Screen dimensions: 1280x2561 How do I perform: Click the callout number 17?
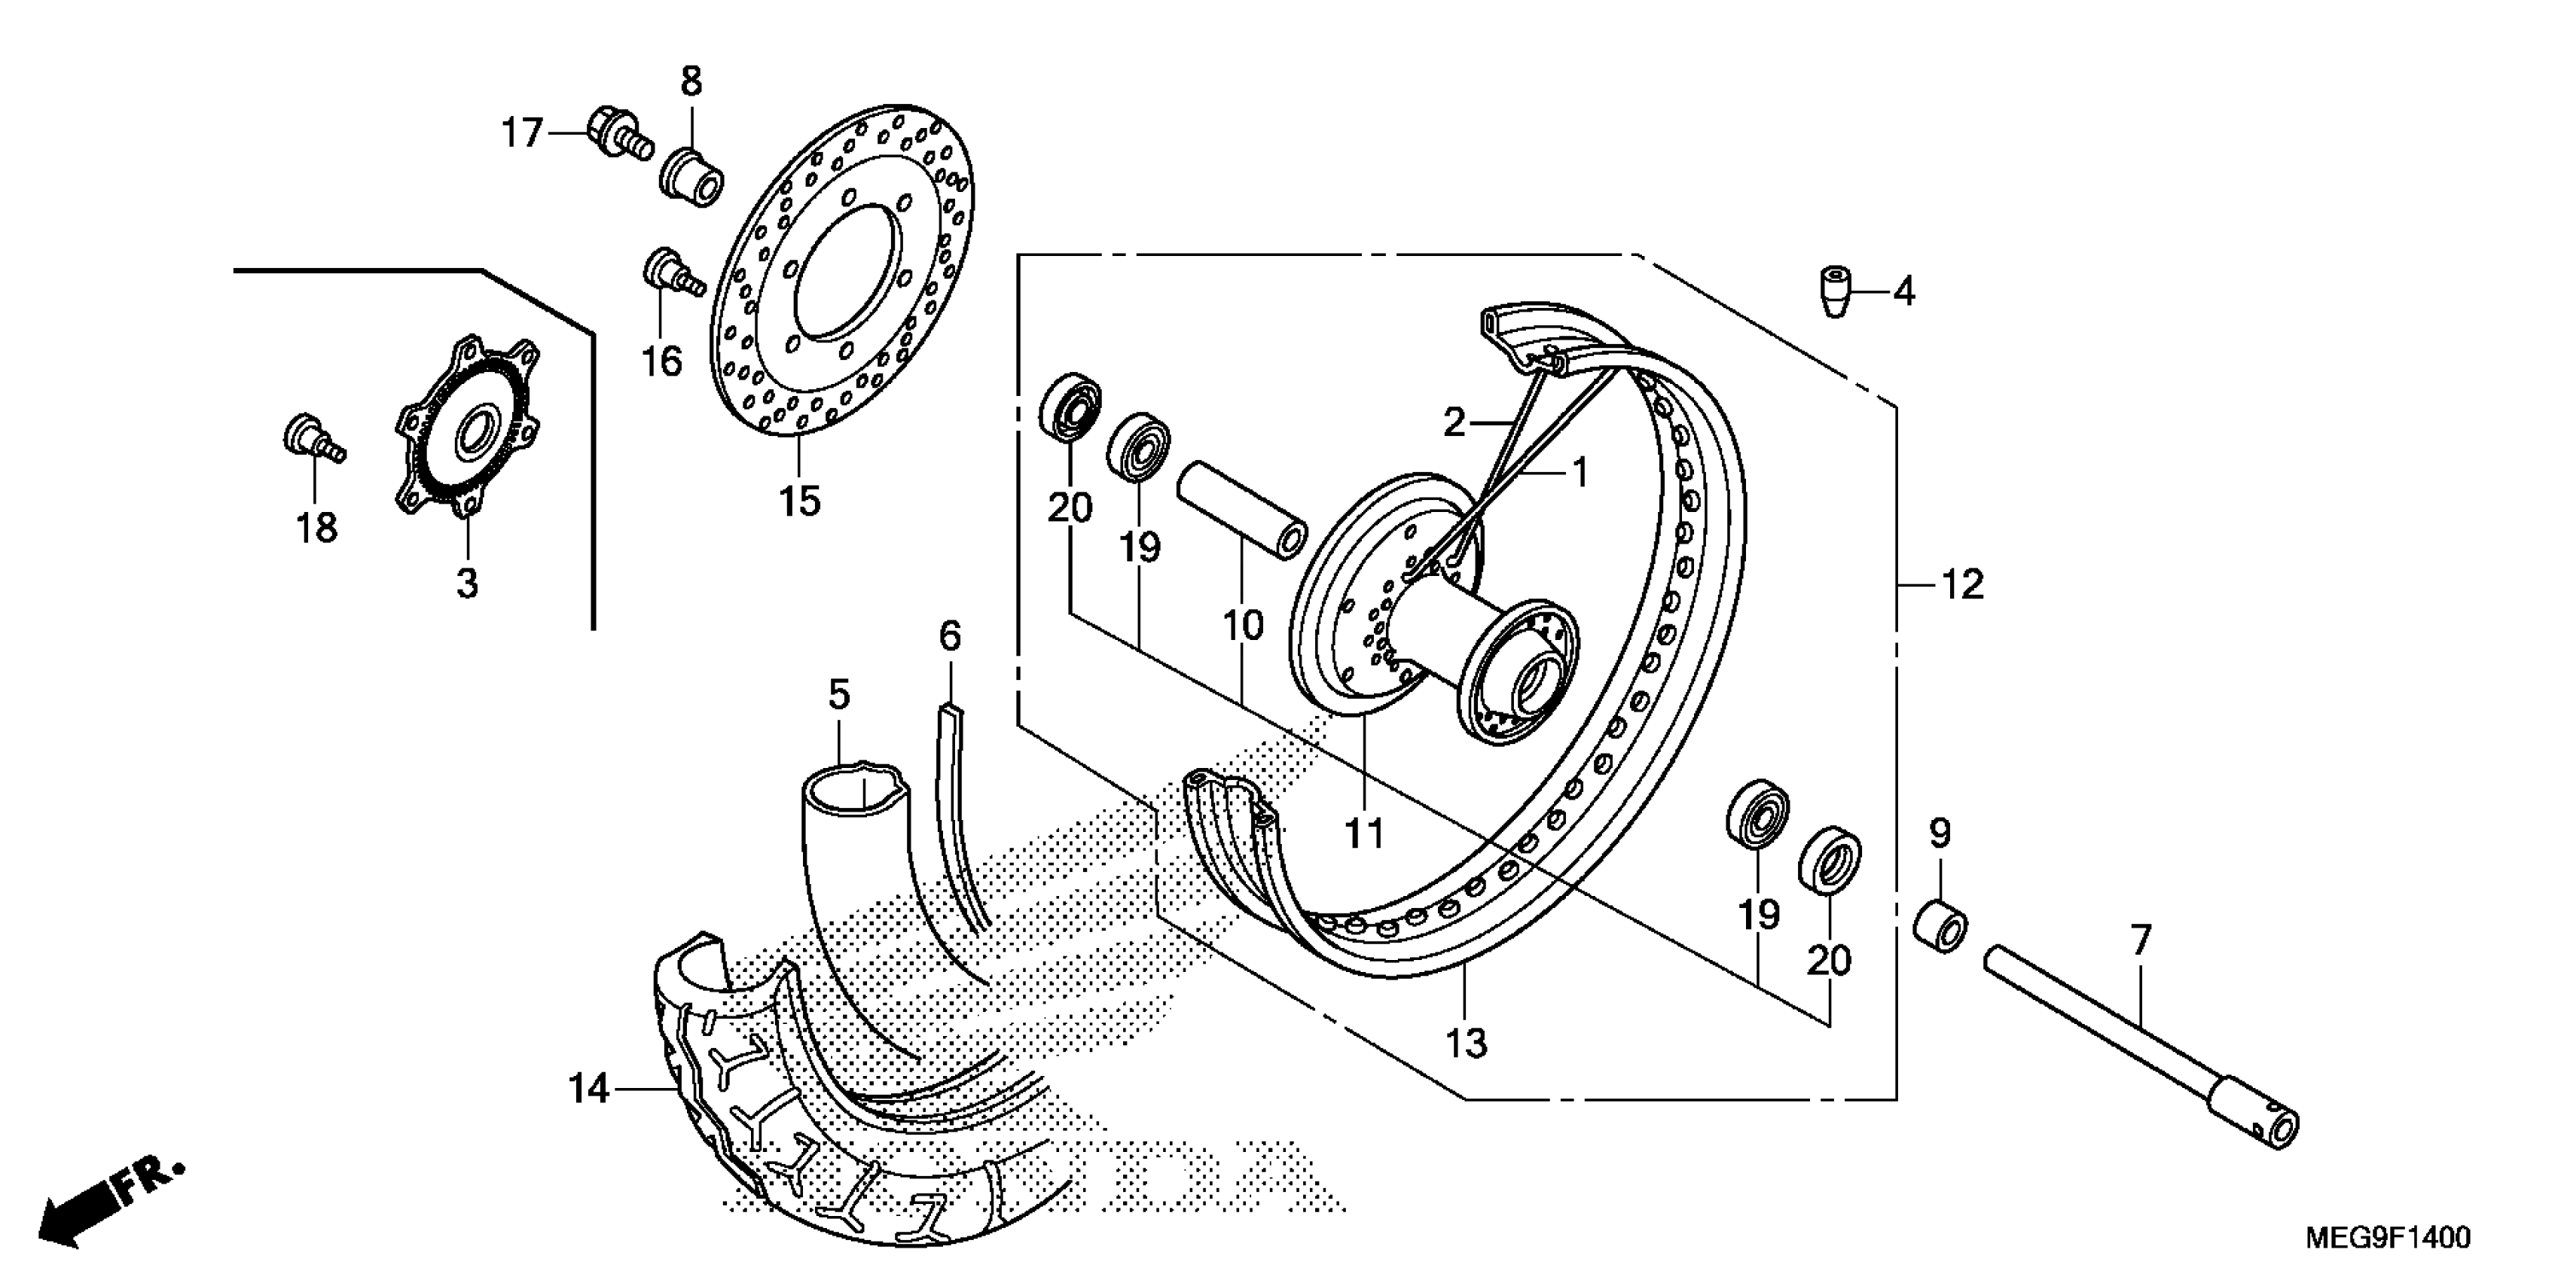(x=522, y=133)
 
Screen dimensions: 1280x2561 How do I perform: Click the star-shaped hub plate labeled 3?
(x=467, y=428)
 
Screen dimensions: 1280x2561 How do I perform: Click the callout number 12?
(x=1961, y=585)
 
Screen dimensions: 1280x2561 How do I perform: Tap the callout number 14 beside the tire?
(x=588, y=1090)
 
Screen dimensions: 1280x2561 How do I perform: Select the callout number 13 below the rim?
(x=1465, y=1044)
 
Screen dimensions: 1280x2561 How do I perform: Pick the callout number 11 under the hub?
(x=1365, y=834)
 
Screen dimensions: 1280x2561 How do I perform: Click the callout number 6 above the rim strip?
(x=949, y=636)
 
